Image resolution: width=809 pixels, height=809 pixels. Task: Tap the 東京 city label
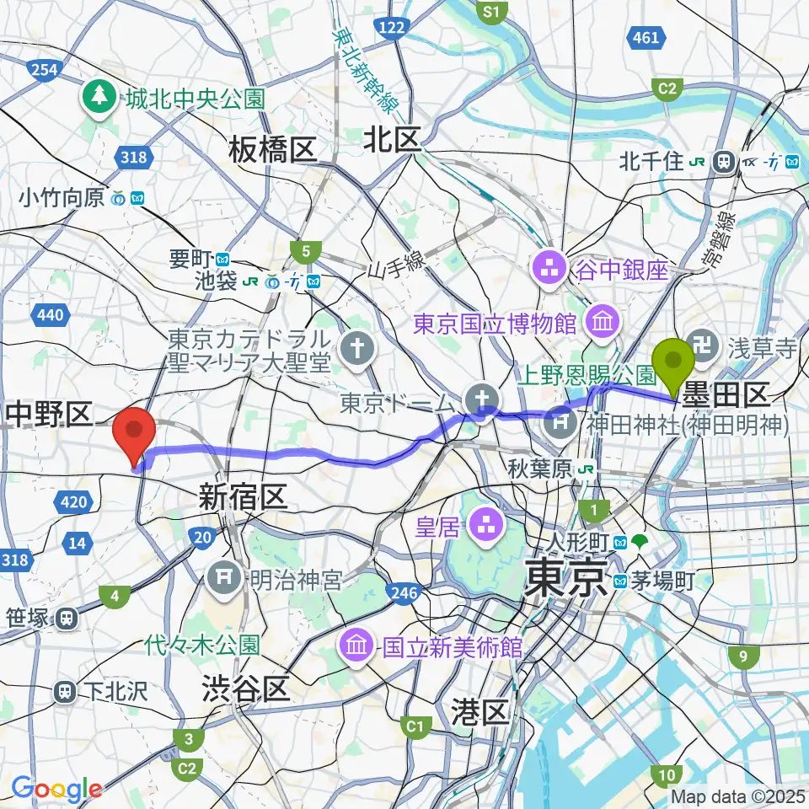pyautogui.click(x=565, y=580)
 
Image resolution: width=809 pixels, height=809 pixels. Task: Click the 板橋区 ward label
pyautogui.click(x=272, y=151)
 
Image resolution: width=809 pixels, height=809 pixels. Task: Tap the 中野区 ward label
pyautogui.click(x=48, y=413)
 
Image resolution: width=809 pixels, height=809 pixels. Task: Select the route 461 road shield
pyautogui.click(x=645, y=37)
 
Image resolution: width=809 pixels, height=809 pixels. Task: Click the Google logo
pyautogui.click(x=57, y=789)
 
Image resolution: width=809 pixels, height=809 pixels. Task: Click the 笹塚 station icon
pyautogui.click(x=65, y=619)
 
